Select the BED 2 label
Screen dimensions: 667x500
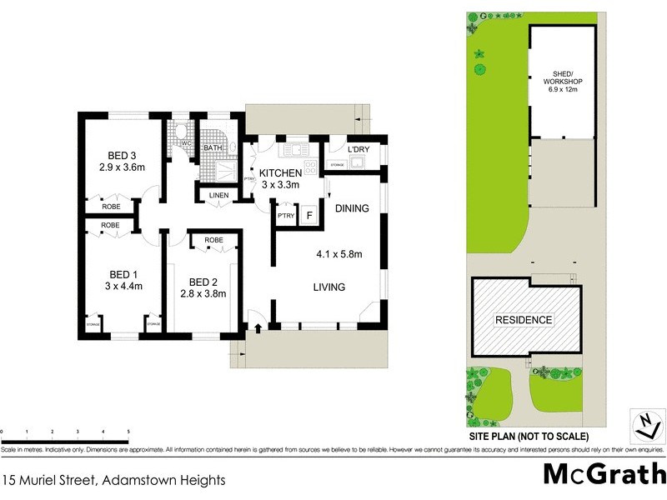pos(203,281)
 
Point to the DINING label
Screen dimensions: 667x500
pos(352,209)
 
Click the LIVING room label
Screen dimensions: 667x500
pos(329,287)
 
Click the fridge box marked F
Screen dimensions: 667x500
pos(309,214)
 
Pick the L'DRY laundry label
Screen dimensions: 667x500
pos(359,149)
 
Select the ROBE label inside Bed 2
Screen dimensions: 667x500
pos(213,240)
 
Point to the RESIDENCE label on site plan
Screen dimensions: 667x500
pos(524,320)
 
